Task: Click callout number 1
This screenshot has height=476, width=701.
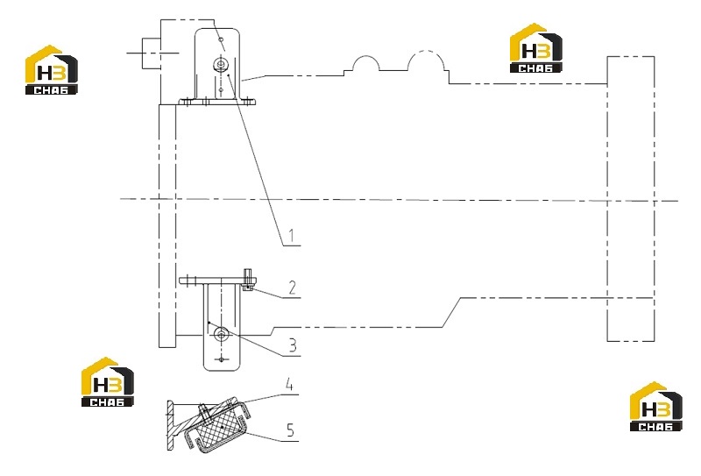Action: tap(292, 236)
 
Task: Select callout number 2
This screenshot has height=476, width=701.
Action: tap(293, 288)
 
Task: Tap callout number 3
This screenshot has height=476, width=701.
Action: tap(293, 345)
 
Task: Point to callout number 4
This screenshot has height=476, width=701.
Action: tap(289, 384)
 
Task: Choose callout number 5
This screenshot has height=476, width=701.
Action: tap(291, 430)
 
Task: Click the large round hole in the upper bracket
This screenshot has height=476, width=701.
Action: tap(220, 64)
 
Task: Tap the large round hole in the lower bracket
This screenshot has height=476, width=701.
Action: tap(221, 333)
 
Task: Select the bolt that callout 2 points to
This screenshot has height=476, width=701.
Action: tap(248, 280)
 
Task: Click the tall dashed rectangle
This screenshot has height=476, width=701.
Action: tap(630, 199)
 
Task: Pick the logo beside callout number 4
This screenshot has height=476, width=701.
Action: tap(107, 382)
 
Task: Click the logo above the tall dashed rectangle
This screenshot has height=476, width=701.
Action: tap(536, 48)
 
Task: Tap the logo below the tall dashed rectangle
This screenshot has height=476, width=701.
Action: tap(655, 407)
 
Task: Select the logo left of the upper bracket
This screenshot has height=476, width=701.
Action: tap(51, 70)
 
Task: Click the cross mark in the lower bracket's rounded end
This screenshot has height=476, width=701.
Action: tap(222, 359)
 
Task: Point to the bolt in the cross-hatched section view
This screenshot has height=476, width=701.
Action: tap(204, 412)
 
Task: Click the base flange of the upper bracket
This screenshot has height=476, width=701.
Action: tap(217, 102)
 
